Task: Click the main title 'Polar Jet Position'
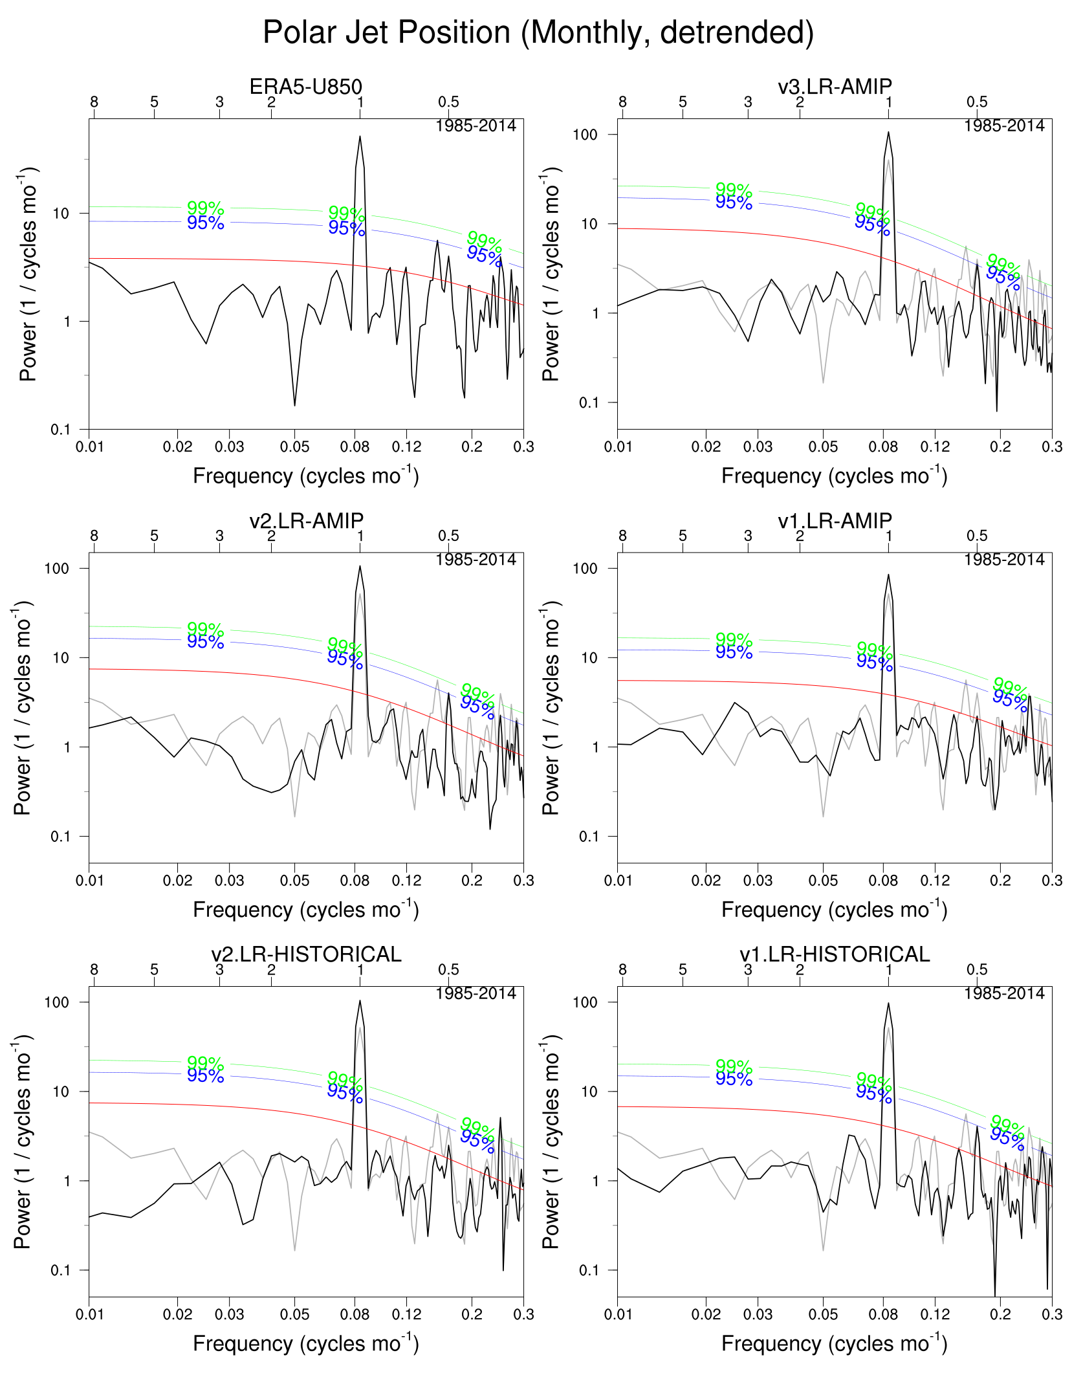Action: point(538,32)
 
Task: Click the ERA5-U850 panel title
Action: point(305,86)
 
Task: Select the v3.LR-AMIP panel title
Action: point(835,86)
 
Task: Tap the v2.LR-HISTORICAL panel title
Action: point(305,954)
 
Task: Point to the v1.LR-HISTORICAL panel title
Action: point(835,954)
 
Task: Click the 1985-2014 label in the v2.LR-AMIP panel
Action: point(476,560)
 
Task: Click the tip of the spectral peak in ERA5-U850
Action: point(360,137)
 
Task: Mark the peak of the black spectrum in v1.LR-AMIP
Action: point(888,575)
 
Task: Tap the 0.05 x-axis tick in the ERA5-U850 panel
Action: point(294,446)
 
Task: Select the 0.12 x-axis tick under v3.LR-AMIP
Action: point(935,446)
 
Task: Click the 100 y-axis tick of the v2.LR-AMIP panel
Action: point(56,568)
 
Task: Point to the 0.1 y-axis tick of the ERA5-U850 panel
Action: point(61,429)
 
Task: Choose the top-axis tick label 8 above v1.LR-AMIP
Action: point(622,536)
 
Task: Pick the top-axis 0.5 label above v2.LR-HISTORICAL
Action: point(448,969)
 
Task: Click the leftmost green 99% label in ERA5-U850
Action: point(205,208)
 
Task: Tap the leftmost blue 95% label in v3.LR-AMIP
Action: point(734,203)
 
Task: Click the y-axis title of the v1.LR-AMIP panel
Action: point(550,708)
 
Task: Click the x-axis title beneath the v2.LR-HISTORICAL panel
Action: point(305,1343)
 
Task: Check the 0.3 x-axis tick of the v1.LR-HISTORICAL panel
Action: point(1052,1314)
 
